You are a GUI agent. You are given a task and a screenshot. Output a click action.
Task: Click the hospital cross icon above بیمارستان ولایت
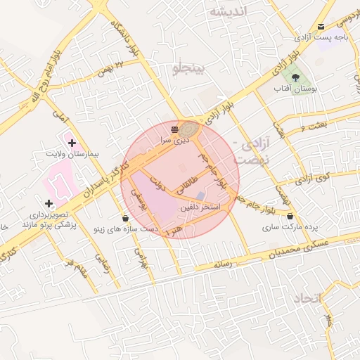click(72, 143)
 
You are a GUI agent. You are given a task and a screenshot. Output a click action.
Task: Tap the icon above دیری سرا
click(174, 129)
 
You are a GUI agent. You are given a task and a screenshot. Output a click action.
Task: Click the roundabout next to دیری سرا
click(188, 130)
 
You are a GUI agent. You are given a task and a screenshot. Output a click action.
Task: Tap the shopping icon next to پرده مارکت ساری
click(290, 218)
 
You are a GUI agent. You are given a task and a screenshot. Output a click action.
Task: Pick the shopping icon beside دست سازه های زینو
click(125, 218)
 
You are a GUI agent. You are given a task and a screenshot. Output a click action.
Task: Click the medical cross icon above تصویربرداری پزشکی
click(48, 203)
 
